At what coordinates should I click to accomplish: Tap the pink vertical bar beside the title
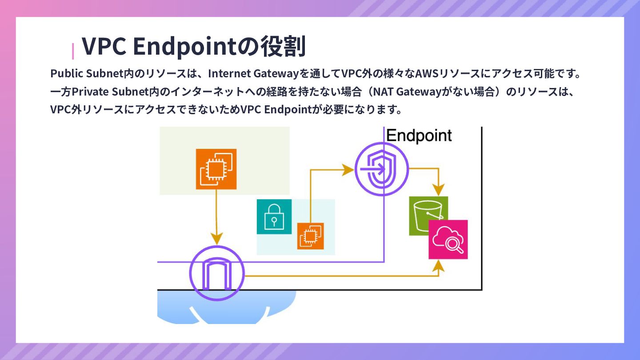click(73, 51)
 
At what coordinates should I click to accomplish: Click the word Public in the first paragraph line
click(67, 73)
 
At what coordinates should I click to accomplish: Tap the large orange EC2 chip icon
click(216, 169)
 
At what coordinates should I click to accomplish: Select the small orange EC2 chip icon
click(310, 236)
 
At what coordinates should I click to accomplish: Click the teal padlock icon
click(274, 216)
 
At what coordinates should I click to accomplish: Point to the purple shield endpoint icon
click(381, 169)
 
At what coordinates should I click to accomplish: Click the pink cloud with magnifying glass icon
click(448, 239)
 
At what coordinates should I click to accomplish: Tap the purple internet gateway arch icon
click(217, 272)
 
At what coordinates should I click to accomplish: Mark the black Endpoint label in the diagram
click(419, 136)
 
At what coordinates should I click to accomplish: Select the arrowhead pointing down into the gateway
click(216, 239)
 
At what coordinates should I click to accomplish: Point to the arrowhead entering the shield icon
click(348, 169)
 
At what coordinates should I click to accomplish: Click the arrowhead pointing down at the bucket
click(439, 190)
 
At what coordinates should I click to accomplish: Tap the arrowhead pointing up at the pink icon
click(439, 265)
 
